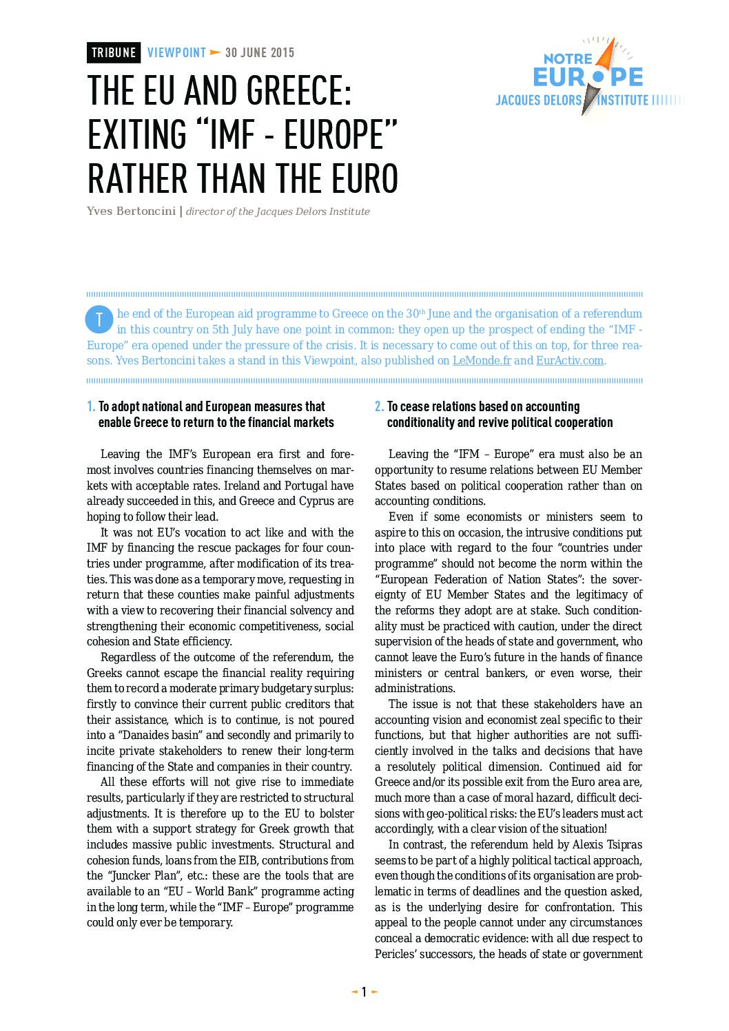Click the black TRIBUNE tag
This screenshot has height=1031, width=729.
pos(114,52)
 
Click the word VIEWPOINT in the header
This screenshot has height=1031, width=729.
pos(176,52)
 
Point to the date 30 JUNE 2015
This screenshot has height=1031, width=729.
pos(260,52)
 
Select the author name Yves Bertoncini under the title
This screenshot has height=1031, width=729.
pos(131,211)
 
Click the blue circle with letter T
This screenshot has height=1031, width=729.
pos(99,319)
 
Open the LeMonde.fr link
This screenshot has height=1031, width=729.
pos(482,360)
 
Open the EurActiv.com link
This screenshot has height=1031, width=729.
pos(570,360)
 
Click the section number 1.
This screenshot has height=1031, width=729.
pos(91,406)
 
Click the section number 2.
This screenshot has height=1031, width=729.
pos(379,406)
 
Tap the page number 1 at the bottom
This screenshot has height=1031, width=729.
pos(364,992)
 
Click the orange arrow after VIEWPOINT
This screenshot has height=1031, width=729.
pos(216,52)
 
